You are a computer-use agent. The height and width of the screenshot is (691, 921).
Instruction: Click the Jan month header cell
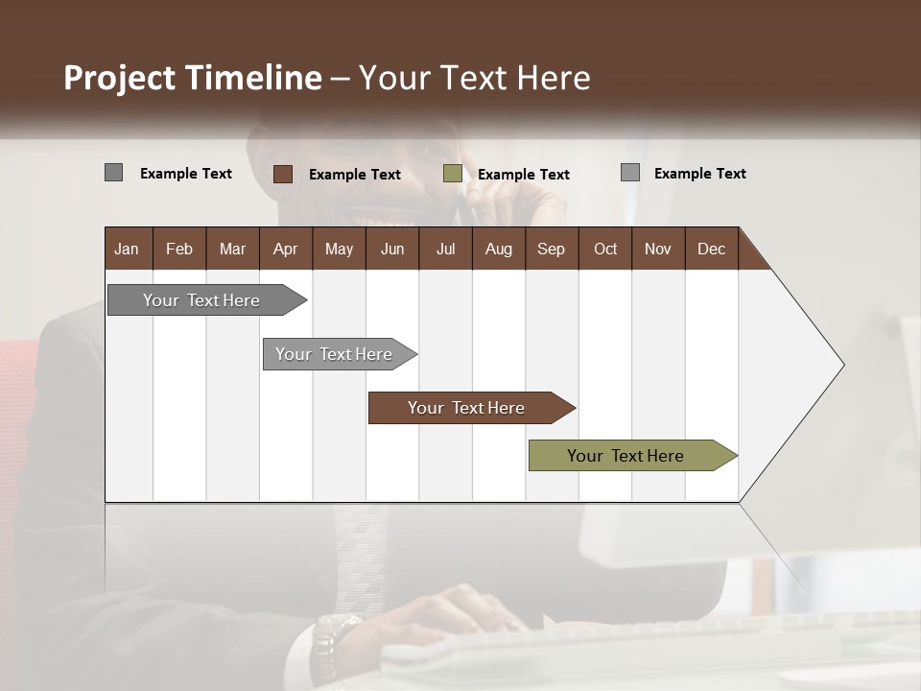(128, 249)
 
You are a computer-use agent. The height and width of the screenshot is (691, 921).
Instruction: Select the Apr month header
(285, 249)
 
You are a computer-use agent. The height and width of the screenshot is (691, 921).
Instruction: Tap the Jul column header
(445, 249)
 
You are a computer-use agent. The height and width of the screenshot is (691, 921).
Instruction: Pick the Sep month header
(551, 249)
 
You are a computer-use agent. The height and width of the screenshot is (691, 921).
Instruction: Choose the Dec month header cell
(711, 249)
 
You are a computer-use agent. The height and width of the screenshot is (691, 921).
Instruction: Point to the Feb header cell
(179, 249)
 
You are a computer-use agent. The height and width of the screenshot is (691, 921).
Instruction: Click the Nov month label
(657, 249)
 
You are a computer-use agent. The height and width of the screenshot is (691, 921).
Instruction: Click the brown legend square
(283, 174)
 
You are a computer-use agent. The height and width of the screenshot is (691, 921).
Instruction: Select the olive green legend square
(453, 174)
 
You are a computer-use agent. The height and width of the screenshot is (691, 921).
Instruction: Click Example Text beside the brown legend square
(355, 175)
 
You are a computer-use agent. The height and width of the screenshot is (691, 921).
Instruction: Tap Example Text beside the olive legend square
(524, 175)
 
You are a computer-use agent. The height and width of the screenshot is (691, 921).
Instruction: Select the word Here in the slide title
(554, 78)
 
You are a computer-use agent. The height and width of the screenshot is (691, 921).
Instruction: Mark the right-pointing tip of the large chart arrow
(842, 365)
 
